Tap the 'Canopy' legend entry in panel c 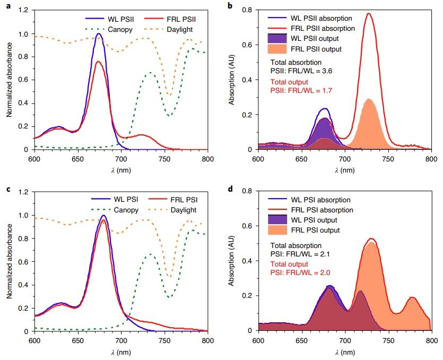[126, 210]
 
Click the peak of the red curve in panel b [369, 13]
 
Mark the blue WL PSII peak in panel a [99, 34]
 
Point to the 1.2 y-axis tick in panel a [24, 10]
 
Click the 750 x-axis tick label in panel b [389, 159]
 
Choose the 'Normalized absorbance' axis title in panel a [9, 79]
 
